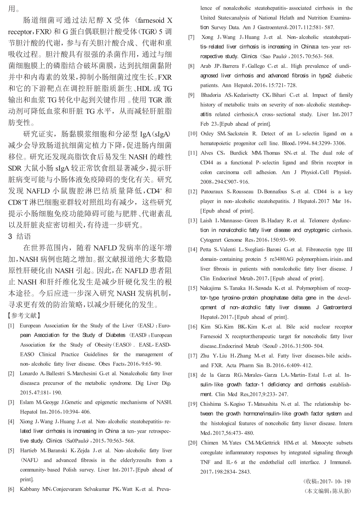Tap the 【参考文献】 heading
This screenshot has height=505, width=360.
(24, 315)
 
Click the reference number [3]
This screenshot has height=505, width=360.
(11, 402)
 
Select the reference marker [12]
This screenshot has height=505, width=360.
(193, 191)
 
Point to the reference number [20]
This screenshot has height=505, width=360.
(193, 443)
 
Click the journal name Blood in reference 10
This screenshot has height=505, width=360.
(288, 143)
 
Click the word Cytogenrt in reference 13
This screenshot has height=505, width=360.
(212, 240)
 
